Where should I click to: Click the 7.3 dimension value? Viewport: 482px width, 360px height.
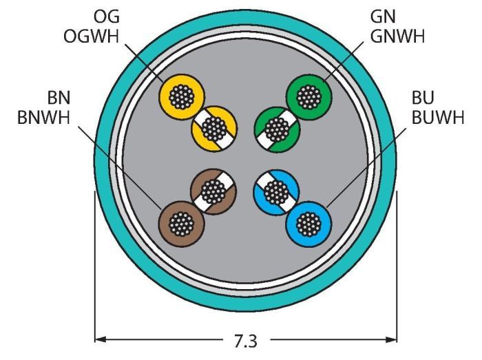tap(246, 340)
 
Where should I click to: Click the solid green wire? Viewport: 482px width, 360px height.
tap(307, 97)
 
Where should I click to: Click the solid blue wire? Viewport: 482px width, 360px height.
tap(308, 222)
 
